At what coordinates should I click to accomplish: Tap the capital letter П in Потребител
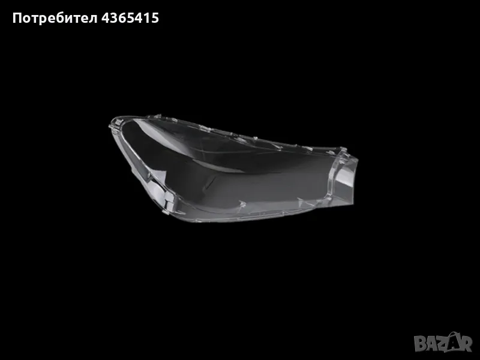click(17, 18)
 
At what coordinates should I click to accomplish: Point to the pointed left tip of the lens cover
click(110, 123)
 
